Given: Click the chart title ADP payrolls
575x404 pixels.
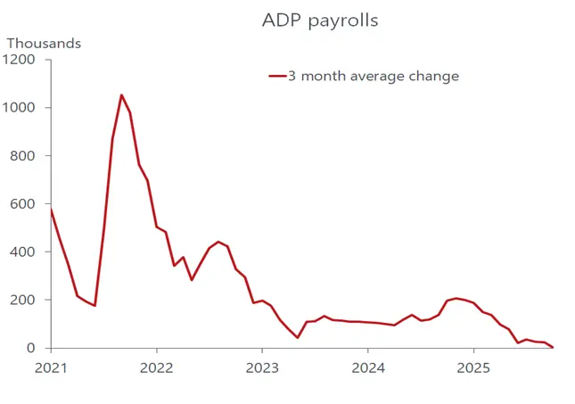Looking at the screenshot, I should pos(320,21).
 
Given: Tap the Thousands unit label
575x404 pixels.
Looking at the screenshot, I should pos(44,43).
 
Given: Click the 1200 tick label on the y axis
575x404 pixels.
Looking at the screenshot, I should pos(19,60).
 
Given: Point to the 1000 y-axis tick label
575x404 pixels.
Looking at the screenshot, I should pos(19,108).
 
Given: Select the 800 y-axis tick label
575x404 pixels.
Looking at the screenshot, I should pos(22,156).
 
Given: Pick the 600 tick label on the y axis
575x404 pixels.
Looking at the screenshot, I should pos(22,204).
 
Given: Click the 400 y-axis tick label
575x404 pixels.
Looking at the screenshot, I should pos(22,252).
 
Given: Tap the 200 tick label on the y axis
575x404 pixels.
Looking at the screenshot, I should pos(22,301).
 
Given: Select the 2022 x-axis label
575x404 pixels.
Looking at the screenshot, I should pos(157,367).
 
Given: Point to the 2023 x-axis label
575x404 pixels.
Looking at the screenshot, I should pos(262,367).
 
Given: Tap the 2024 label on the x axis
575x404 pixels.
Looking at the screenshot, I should pos(368,367).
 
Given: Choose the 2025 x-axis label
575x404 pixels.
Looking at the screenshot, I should pos(473,367).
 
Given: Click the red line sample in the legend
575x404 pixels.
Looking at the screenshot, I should pos(276,77).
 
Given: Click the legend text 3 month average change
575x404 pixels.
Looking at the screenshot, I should pos(373,77).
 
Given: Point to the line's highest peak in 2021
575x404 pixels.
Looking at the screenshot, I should pos(121,95).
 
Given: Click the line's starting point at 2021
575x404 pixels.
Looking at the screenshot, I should pos(51,210).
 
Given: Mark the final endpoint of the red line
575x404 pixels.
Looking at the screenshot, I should pos(553,347).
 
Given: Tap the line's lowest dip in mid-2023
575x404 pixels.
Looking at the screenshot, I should pos(298,337).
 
